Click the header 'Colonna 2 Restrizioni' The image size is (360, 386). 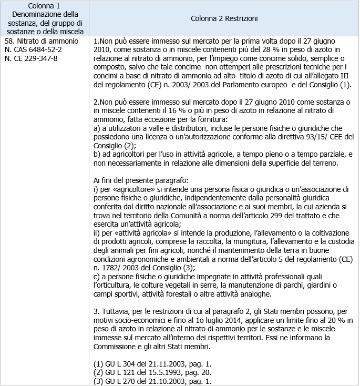click(224, 18)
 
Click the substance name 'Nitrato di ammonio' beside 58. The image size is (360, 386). click(48, 40)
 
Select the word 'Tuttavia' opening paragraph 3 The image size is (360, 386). click(116, 310)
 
